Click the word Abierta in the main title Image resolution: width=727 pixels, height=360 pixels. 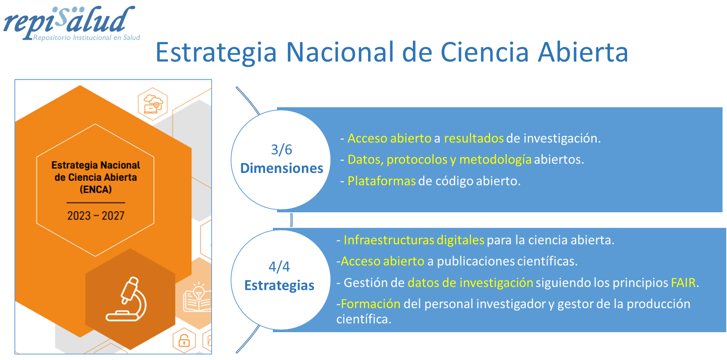point(583,52)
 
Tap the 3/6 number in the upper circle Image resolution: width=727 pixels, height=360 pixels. point(281,150)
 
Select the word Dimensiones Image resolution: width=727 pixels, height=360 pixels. point(281,168)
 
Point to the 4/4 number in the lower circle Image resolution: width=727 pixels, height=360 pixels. point(279,266)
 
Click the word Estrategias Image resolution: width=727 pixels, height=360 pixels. point(279,285)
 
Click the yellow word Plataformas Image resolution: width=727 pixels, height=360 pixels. point(382,181)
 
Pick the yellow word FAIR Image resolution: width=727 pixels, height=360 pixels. point(683,283)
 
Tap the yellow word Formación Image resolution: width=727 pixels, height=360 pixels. point(371,304)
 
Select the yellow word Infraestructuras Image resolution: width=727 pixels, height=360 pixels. point(389,240)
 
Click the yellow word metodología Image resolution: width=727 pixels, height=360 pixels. point(495,160)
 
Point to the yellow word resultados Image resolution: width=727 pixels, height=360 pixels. point(474,138)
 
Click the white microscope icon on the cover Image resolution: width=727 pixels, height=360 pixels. point(126,299)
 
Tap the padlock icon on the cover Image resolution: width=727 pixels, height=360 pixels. point(184,340)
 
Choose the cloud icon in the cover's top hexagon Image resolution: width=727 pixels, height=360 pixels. point(153,104)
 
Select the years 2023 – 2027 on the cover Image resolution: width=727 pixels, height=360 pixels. point(96,216)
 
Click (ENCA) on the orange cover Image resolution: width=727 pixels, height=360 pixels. point(96,190)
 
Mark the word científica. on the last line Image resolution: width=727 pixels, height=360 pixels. point(364,319)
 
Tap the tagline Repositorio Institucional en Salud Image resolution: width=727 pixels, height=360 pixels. point(87,37)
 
